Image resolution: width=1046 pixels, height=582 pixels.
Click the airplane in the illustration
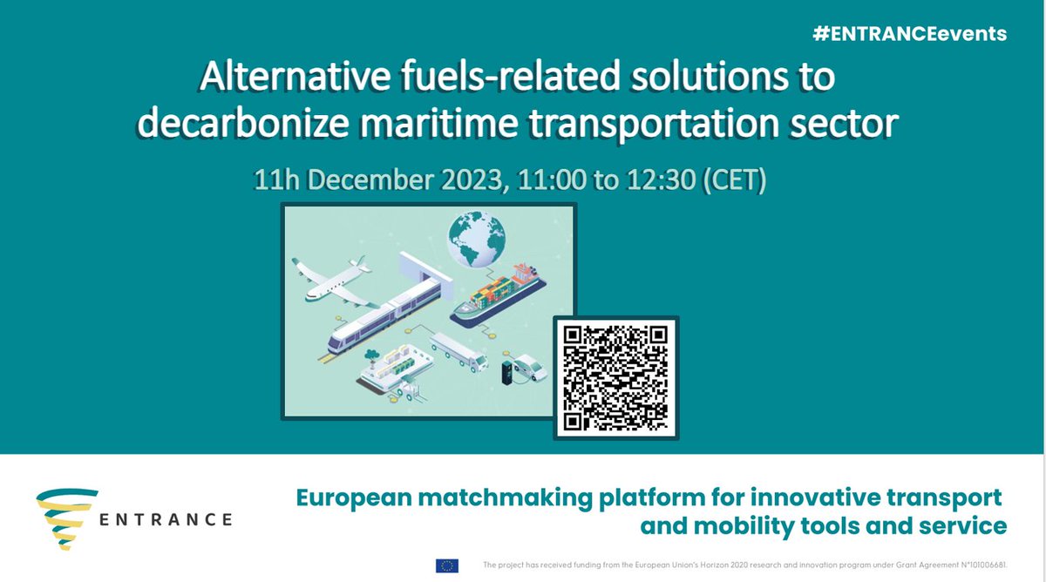click(x=331, y=281)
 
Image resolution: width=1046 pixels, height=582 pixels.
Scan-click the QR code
click(x=615, y=377)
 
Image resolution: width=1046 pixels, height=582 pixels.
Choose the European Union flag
click(x=446, y=565)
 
